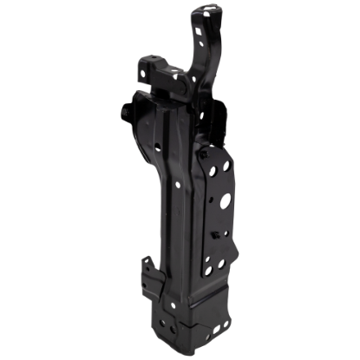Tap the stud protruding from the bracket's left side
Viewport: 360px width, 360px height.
(x=128, y=112)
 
